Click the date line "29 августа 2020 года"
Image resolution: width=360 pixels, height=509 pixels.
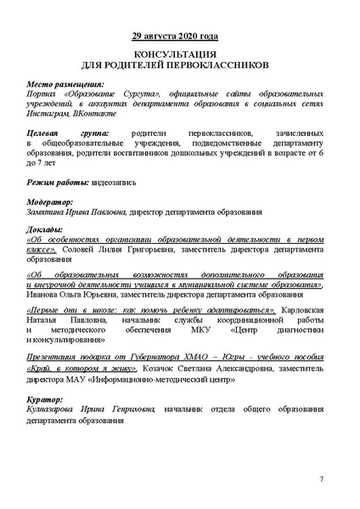tap(180, 37)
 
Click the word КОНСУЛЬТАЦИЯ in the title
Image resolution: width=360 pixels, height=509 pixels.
tap(180, 53)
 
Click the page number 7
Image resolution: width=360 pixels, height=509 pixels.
tap(322, 480)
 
